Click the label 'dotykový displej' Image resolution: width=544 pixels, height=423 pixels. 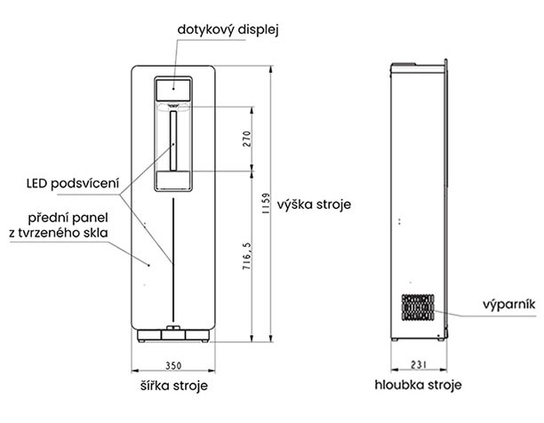[228, 30]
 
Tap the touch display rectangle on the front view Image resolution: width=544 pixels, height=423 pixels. [173, 90]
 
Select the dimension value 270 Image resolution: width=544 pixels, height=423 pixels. [246, 139]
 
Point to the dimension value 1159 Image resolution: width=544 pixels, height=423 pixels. [266, 204]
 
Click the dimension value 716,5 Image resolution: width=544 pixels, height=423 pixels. [246, 257]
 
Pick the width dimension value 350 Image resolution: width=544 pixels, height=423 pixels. [173, 365]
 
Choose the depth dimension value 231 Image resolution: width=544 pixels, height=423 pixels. [419, 364]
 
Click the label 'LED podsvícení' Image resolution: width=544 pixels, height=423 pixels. [73, 183]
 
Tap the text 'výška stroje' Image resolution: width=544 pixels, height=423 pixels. [314, 204]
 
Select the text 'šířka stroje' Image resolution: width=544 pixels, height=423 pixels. [174, 386]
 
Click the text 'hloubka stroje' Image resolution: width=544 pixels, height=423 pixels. [418, 385]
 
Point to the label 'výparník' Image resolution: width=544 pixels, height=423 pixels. [509, 305]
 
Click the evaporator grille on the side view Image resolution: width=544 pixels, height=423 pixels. [418, 307]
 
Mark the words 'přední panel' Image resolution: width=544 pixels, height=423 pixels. [68, 218]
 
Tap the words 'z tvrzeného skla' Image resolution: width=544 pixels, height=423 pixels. [59, 233]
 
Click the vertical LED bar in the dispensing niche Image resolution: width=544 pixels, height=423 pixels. [173, 140]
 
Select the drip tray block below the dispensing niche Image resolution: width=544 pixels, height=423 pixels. [173, 180]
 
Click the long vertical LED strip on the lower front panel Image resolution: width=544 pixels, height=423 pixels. [173, 260]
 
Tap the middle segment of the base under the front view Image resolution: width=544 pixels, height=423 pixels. [173, 335]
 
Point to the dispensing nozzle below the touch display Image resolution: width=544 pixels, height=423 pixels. [173, 105]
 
